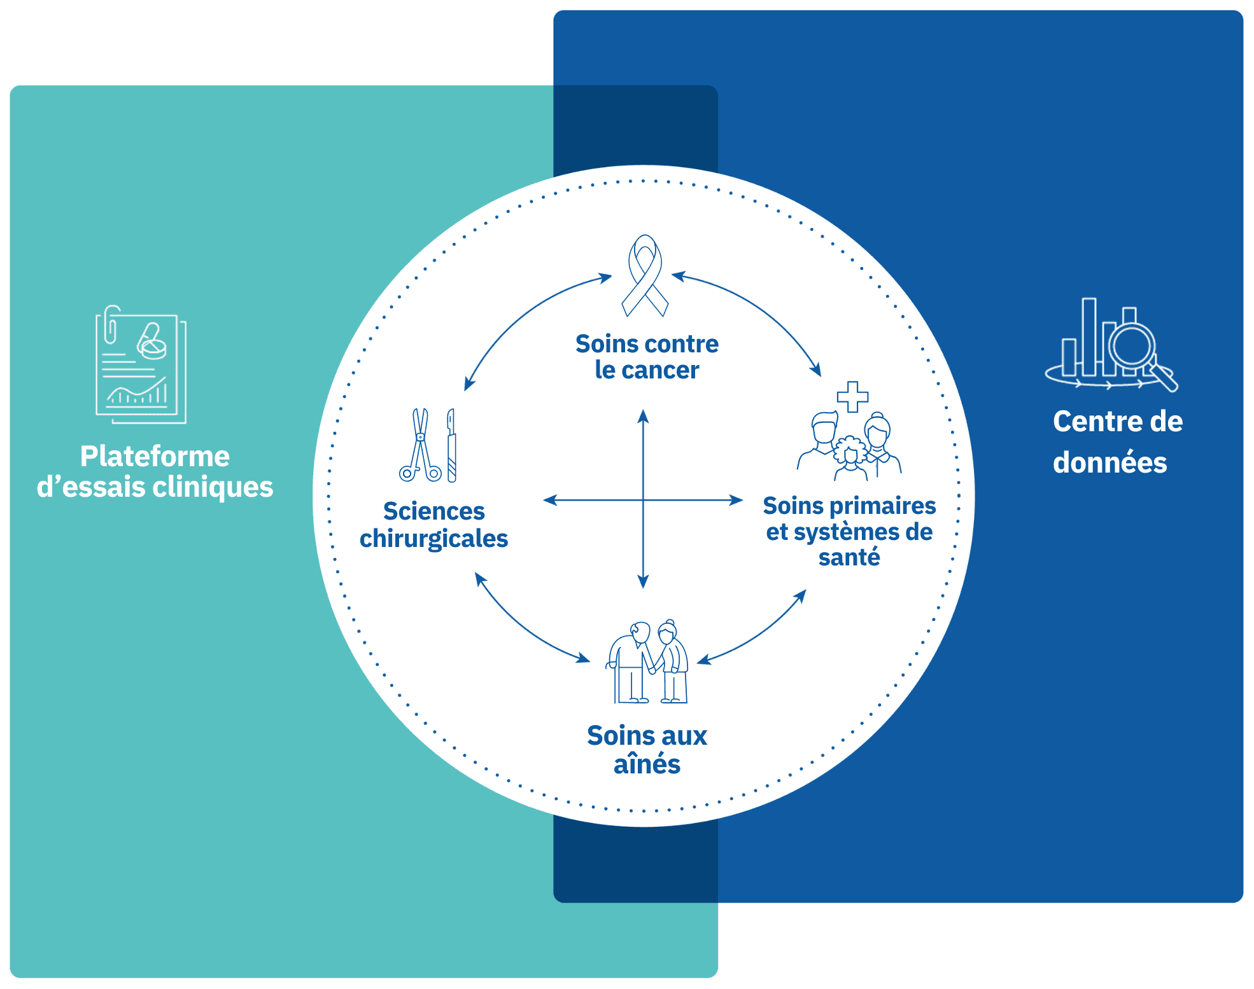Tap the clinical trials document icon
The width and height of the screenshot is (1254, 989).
[141, 364]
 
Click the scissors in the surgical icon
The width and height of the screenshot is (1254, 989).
[420, 445]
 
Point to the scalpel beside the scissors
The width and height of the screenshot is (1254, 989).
[451, 445]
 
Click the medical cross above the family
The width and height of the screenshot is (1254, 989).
[852, 397]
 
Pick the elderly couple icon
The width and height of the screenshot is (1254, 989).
[647, 661]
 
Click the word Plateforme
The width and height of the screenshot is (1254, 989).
[155, 456]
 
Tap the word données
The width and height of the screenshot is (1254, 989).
[1110, 462]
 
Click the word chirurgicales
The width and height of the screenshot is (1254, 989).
[433, 539]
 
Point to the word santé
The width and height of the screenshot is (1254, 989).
[849, 557]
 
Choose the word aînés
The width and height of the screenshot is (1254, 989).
[647, 764]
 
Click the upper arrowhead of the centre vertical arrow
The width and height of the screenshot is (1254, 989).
[643, 416]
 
